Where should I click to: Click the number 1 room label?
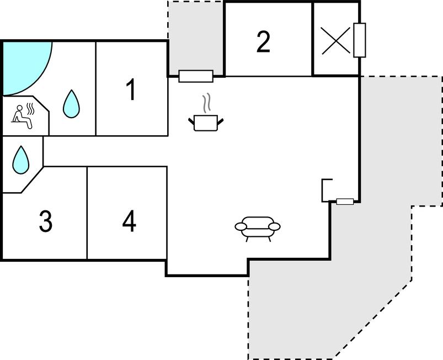click(131, 90)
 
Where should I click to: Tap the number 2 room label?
click(264, 41)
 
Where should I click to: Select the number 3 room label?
click(46, 221)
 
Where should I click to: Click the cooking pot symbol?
click(206, 123)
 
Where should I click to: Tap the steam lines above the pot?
click(207, 103)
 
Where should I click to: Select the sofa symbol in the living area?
click(258, 227)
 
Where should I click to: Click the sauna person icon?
click(23, 116)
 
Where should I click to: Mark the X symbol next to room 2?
click(336, 40)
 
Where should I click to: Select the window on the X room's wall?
click(360, 40)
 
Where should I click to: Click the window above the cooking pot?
click(196, 76)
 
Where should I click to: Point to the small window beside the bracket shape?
click(345, 202)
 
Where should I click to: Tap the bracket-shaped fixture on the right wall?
click(326, 190)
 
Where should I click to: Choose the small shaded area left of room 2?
click(196, 36)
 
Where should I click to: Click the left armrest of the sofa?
click(242, 226)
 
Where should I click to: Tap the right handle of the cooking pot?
click(221, 119)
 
